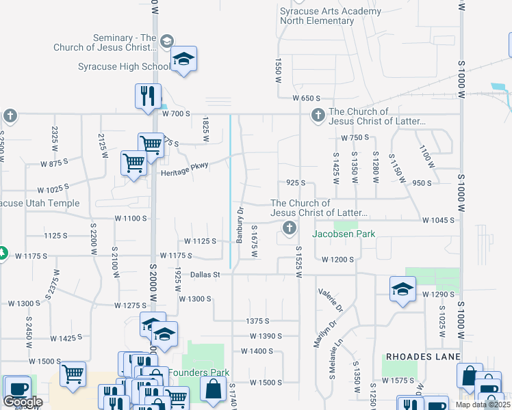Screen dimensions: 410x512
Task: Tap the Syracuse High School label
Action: [x=123, y=66]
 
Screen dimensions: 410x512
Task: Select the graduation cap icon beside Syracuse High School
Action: [x=183, y=60]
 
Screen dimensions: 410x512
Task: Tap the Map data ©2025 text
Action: [x=483, y=405]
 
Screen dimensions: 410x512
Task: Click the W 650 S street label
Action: [x=306, y=99]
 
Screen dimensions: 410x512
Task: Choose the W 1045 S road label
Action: [x=439, y=220]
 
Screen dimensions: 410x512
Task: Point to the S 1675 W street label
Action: [x=254, y=241]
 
